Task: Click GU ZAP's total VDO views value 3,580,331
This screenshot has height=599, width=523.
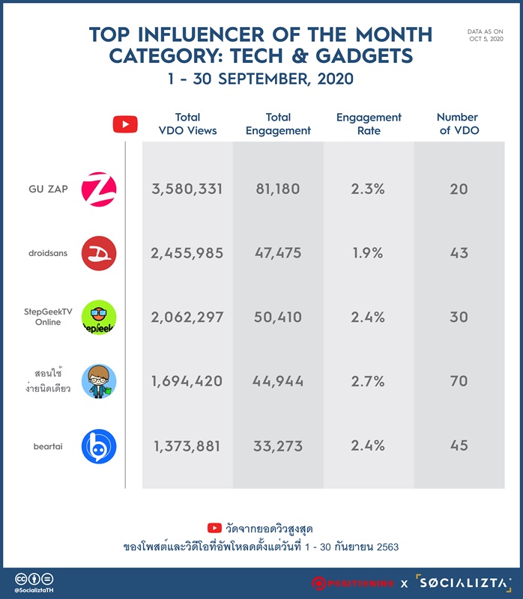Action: (187, 189)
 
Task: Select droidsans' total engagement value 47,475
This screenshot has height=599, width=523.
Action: (278, 253)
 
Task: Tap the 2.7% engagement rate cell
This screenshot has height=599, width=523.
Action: (368, 381)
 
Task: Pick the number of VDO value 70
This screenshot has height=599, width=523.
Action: (459, 381)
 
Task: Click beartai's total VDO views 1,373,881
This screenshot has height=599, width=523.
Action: (187, 446)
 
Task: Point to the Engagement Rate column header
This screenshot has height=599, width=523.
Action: (369, 124)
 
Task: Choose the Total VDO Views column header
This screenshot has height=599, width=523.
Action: (187, 124)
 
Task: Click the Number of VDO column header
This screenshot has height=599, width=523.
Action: (458, 124)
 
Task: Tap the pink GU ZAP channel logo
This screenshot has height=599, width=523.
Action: (99, 189)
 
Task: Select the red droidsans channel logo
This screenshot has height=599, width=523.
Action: (99, 253)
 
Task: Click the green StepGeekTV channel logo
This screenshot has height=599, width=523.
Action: (99, 317)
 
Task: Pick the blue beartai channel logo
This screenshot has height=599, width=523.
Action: (99, 446)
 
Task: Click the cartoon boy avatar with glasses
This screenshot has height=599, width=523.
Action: (99, 381)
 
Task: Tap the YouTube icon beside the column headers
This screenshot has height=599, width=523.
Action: (125, 124)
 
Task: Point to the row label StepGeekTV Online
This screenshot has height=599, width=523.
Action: (48, 317)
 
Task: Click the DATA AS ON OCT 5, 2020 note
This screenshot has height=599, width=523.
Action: (485, 35)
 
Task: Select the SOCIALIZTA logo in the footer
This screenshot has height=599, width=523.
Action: (463, 583)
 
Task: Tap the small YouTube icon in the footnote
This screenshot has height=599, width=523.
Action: (214, 528)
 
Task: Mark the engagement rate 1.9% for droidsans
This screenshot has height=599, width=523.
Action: (368, 253)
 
